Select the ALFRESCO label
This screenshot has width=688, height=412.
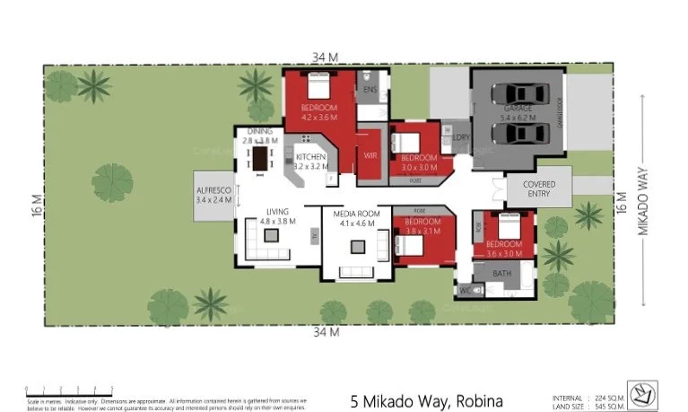[214, 195]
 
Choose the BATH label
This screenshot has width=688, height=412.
[501, 273]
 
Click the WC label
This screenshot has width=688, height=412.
[465, 290]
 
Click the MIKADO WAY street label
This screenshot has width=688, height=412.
[642, 206]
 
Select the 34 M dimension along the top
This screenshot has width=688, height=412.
[326, 57]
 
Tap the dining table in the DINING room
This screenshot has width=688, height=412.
[261, 159]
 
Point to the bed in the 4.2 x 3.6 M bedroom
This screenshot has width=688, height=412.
[318, 87]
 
